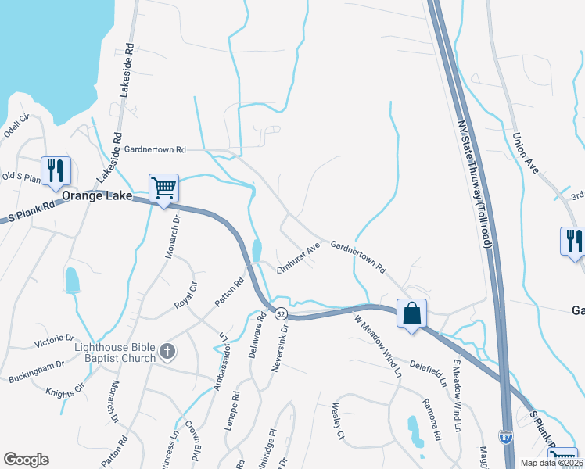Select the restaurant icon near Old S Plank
tap(56, 171)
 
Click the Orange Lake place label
tap(95, 195)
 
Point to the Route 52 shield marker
tap(280, 313)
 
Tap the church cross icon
tap(166, 352)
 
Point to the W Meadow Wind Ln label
tap(377, 346)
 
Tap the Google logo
tap(27, 460)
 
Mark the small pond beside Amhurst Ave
tap(257, 252)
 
